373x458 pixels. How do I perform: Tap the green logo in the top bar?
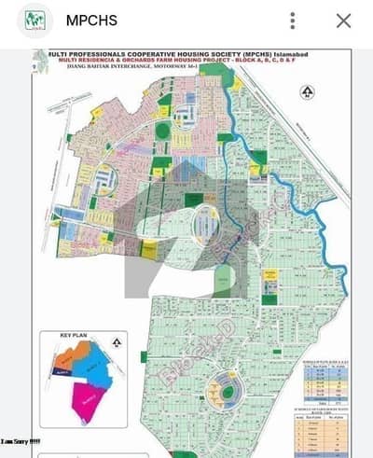tap(35, 20)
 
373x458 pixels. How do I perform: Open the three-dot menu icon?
tap(294, 20)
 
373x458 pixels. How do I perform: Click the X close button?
tap(343, 20)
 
